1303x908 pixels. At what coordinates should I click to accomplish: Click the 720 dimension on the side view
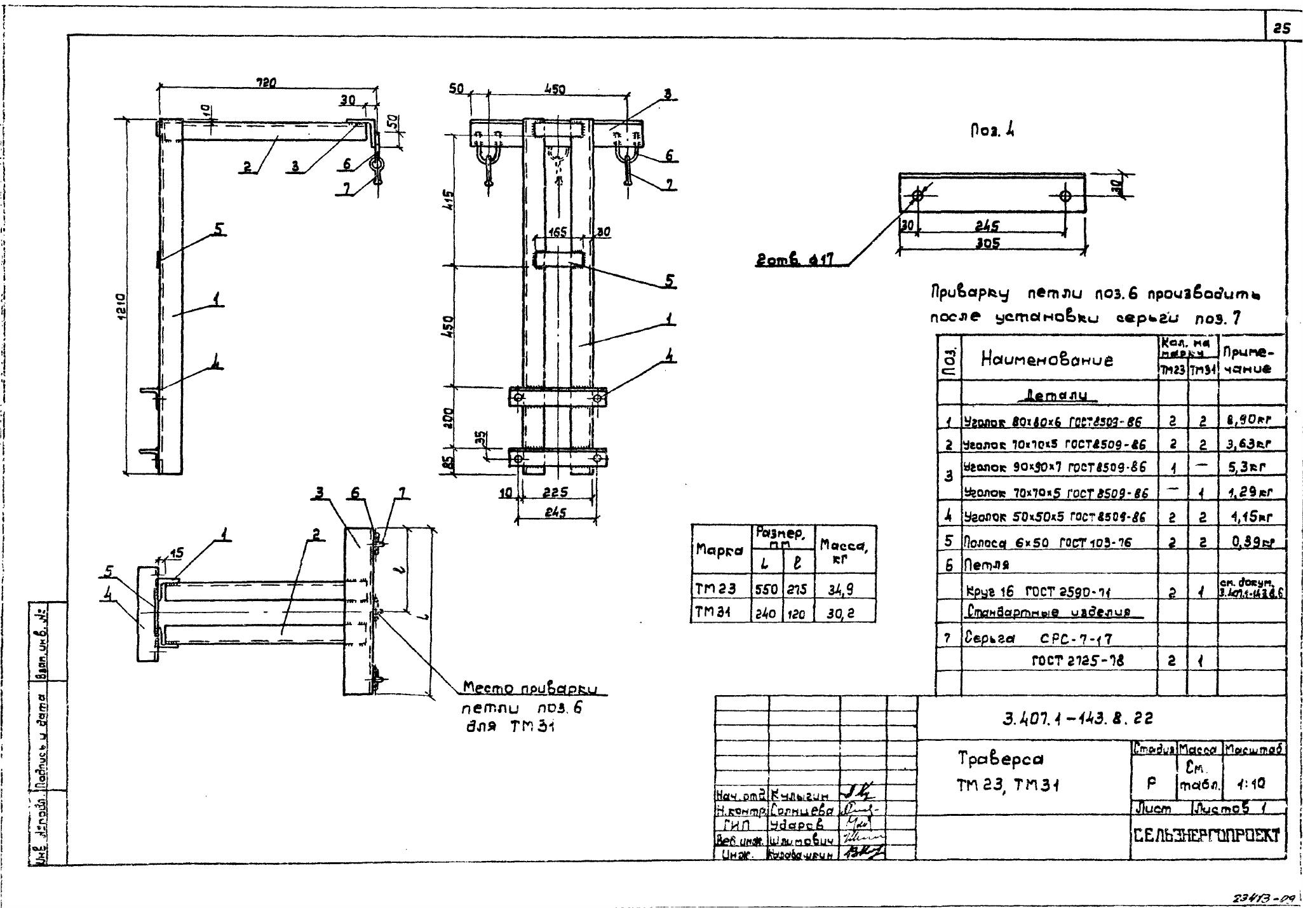click(x=266, y=82)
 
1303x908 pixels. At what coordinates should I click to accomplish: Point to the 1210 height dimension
click(x=120, y=308)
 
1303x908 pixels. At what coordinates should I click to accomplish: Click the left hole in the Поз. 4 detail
click(x=917, y=195)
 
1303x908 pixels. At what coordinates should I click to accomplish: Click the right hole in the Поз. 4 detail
click(x=1065, y=195)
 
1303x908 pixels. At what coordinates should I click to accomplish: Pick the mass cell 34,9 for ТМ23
click(x=845, y=590)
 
